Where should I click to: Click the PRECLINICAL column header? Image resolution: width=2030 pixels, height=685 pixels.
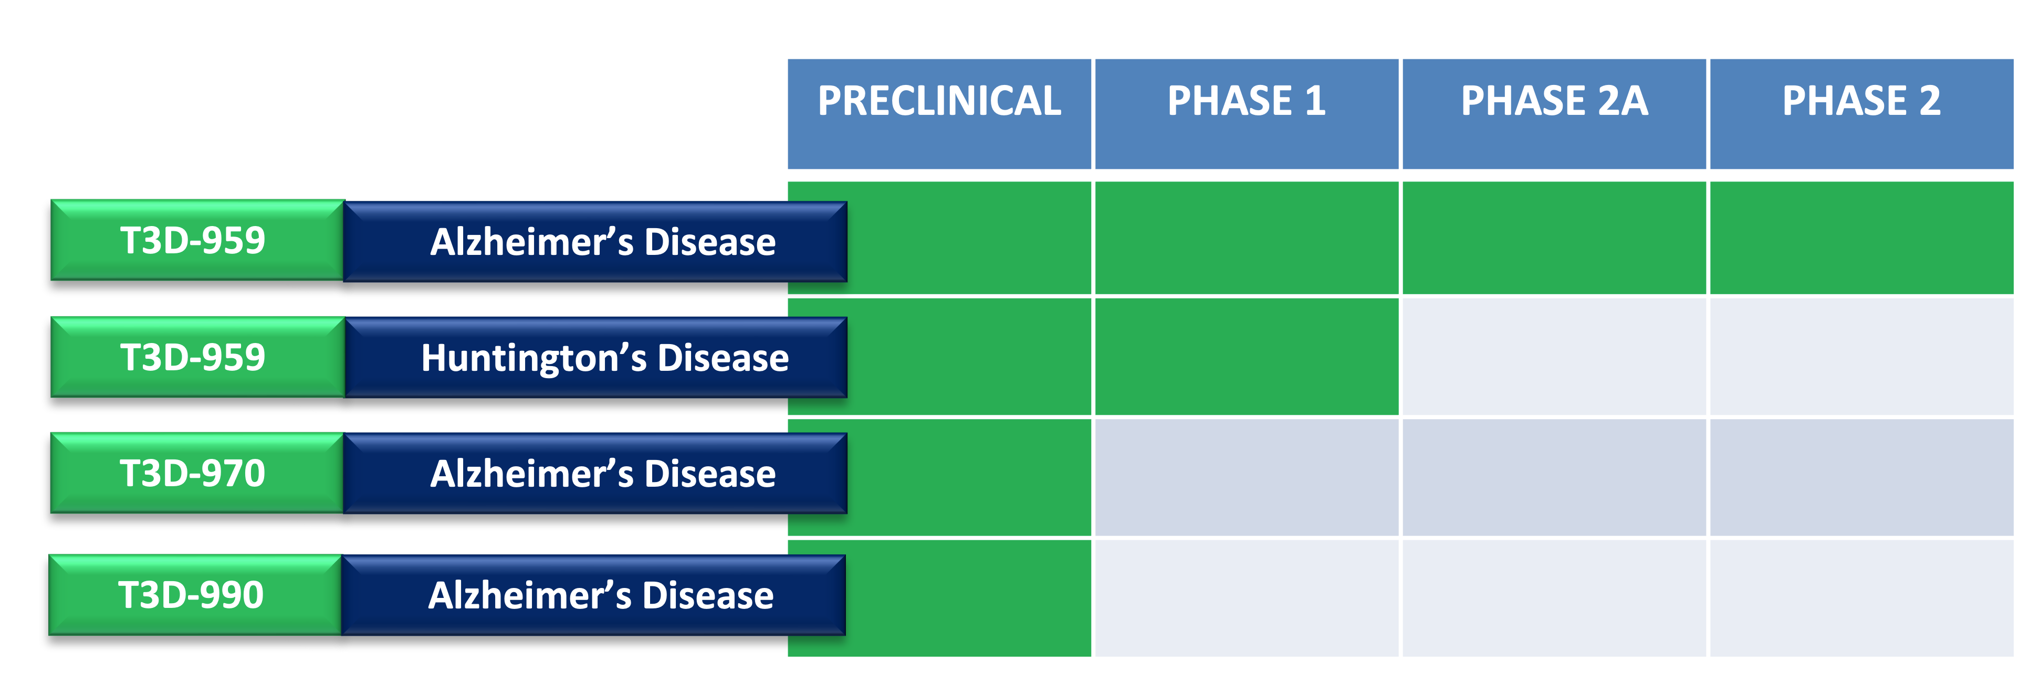[x=939, y=113]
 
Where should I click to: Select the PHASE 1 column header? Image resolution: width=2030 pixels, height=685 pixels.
[x=1247, y=113]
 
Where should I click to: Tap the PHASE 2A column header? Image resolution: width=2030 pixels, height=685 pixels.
[x=1554, y=113]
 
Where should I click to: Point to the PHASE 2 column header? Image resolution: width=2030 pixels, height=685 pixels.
[x=1861, y=113]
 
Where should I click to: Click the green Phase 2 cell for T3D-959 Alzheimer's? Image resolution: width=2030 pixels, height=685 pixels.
[x=1861, y=238]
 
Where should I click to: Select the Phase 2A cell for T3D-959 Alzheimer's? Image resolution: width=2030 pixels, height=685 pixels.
[x=1554, y=238]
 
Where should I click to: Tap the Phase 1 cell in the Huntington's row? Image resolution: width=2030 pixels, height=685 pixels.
[x=1247, y=356]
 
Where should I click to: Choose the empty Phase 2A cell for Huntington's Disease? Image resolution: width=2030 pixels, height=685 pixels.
[x=1554, y=356]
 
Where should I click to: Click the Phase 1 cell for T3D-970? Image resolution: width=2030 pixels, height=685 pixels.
[x=1247, y=477]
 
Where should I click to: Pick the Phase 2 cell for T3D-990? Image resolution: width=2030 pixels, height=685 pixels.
[x=1861, y=597]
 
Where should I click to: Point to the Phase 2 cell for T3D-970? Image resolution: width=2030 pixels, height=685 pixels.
[x=1861, y=477]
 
